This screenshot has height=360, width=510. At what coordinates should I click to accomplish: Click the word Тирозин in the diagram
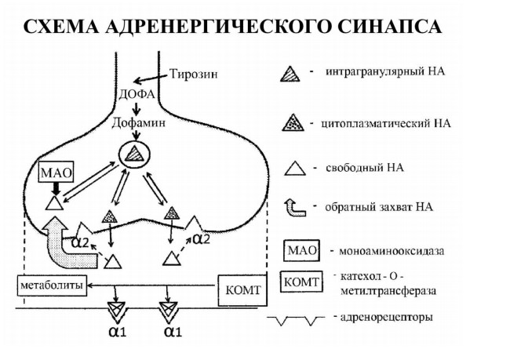pyautogui.click(x=194, y=74)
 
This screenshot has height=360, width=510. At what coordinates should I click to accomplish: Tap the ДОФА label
pyautogui.click(x=137, y=94)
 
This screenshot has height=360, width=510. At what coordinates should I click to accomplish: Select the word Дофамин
pyautogui.click(x=139, y=122)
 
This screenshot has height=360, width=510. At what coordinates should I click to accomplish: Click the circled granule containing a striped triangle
pyautogui.click(x=135, y=155)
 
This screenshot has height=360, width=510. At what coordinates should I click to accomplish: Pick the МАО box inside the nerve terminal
pyautogui.click(x=56, y=172)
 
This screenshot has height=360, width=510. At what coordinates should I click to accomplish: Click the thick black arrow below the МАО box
pyautogui.click(x=56, y=189)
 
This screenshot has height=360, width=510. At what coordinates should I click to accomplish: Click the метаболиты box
pyautogui.click(x=52, y=285)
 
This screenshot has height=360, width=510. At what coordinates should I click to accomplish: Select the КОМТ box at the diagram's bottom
pyautogui.click(x=243, y=290)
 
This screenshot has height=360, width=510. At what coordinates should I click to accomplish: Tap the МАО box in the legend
pyautogui.click(x=301, y=250)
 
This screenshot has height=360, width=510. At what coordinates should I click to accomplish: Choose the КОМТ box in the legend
pyautogui.click(x=301, y=282)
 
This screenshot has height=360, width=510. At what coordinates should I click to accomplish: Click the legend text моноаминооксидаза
pyautogui.click(x=392, y=251)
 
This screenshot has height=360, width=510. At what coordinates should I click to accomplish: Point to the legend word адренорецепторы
pyautogui.click(x=386, y=317)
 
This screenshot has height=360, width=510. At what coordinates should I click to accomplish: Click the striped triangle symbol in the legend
pyautogui.click(x=290, y=74)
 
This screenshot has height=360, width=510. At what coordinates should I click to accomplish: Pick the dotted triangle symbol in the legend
pyautogui.click(x=293, y=122)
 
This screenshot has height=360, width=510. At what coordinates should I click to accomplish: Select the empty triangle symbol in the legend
pyautogui.click(x=295, y=169)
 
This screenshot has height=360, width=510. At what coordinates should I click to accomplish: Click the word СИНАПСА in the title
pyautogui.click(x=389, y=26)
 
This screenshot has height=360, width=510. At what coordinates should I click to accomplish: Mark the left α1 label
pyautogui.click(x=118, y=332)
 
